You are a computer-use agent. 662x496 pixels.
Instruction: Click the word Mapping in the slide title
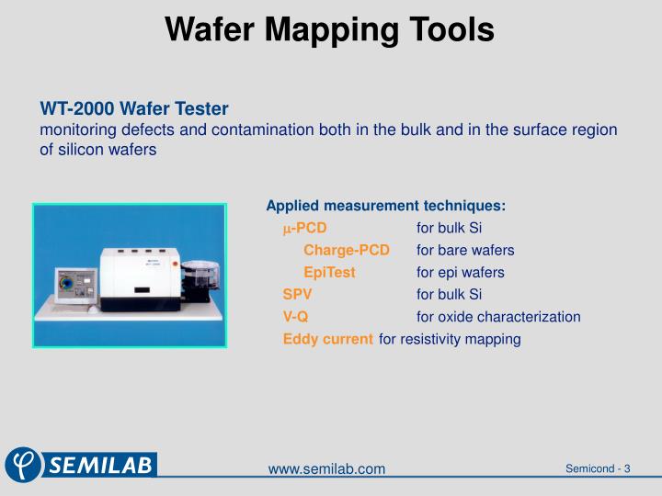click(330, 30)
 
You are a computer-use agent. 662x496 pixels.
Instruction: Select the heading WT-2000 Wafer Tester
click(133, 109)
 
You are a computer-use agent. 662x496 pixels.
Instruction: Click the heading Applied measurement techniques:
click(385, 206)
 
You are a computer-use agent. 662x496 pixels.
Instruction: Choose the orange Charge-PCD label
click(347, 250)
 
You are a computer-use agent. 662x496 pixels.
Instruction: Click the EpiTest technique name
click(329, 273)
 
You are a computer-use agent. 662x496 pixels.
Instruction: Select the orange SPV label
click(297, 295)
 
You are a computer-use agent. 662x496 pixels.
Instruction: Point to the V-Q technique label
click(295, 317)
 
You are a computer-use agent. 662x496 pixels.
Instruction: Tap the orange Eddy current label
click(328, 339)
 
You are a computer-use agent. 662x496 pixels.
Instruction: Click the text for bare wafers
click(465, 250)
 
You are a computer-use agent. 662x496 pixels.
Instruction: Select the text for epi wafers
click(460, 273)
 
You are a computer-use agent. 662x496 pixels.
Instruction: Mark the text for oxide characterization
click(498, 317)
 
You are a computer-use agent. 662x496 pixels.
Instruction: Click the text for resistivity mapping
click(450, 339)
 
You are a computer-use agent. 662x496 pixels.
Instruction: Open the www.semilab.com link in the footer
click(326, 469)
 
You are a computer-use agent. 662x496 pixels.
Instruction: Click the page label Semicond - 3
click(597, 468)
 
